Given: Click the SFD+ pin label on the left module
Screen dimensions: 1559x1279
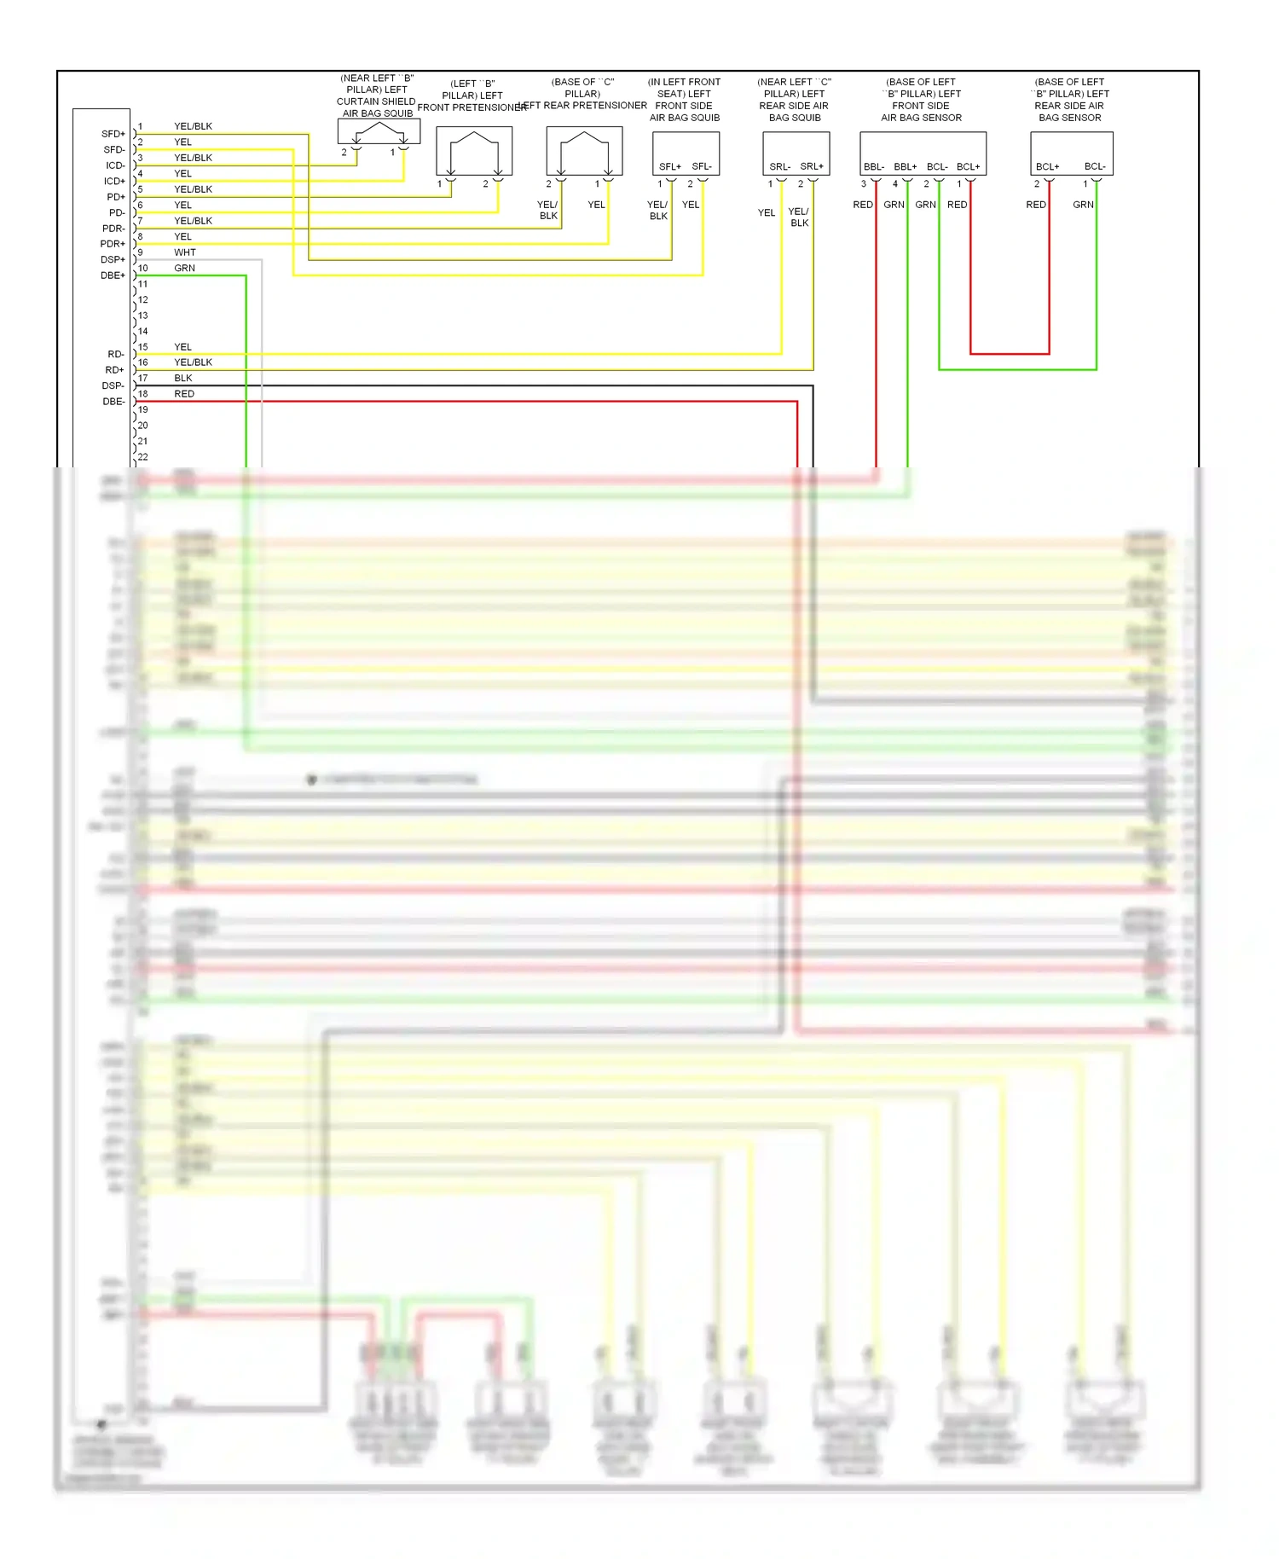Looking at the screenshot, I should coord(113,134).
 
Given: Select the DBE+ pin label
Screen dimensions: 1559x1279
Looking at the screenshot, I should coord(113,275).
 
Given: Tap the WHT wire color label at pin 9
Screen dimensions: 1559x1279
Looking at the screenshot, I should coord(184,252).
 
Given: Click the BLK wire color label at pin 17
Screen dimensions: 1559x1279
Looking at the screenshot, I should coord(182,378).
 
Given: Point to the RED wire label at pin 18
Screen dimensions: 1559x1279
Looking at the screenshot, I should coord(184,394).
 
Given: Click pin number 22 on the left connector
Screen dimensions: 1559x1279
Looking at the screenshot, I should coord(142,457).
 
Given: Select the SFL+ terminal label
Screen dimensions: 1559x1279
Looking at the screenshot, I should coord(669,166).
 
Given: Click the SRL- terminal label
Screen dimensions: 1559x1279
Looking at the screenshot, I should coord(779,166).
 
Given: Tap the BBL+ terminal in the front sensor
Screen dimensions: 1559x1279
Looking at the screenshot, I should coord(905,166).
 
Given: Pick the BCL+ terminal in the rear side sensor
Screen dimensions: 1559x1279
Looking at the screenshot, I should coord(1047,166).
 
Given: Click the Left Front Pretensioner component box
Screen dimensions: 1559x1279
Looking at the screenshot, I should coord(474,151).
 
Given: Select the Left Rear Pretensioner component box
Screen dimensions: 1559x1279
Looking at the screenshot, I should coord(584,151).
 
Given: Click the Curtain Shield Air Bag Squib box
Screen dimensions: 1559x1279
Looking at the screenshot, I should coord(379,131).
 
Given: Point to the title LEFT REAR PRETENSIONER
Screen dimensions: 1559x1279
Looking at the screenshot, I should coord(582,106).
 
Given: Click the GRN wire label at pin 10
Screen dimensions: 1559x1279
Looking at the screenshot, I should coord(184,268).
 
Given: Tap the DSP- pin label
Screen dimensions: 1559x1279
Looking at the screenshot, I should coord(113,385).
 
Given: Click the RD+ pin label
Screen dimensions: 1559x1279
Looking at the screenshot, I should coord(114,370).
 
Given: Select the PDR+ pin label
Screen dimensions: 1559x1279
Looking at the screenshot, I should coord(113,244).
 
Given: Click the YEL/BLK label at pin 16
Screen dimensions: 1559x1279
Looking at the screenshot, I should coord(193,362).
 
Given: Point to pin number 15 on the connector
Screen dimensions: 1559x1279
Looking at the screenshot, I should coord(142,347).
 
